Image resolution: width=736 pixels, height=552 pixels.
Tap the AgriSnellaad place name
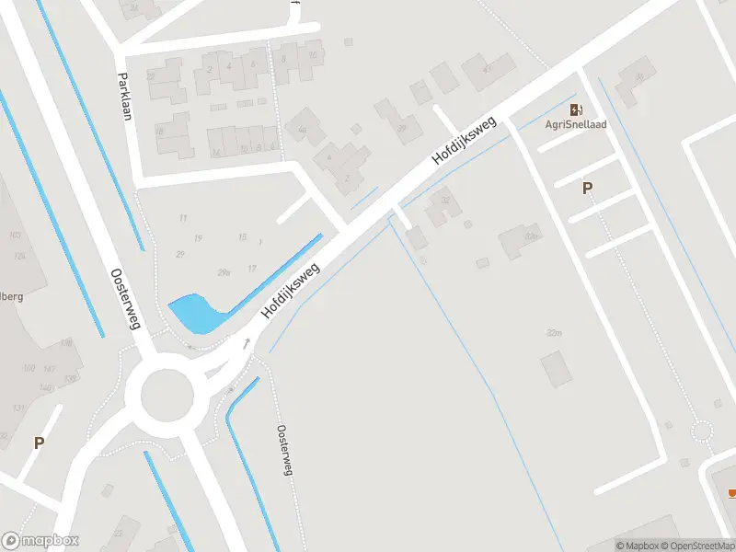[x=576, y=125]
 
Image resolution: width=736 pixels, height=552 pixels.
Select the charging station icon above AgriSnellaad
[x=576, y=109]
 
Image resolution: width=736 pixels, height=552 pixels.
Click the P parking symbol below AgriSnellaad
[x=587, y=188]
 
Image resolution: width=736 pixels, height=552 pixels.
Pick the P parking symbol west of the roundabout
[x=39, y=443]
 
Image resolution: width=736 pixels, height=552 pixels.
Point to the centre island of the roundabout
[x=167, y=395]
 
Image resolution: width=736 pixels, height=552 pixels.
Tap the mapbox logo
[x=40, y=540]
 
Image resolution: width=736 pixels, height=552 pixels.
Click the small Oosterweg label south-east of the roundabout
[x=284, y=450]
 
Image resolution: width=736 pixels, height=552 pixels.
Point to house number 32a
[x=531, y=237]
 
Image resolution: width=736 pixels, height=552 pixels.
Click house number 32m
[x=553, y=332]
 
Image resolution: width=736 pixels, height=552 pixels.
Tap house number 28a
[x=224, y=272]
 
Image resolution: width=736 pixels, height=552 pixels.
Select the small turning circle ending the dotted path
[x=702, y=431]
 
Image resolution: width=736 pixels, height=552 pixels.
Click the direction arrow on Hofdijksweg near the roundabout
[x=247, y=344]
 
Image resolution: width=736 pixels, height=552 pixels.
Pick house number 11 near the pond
[x=182, y=218]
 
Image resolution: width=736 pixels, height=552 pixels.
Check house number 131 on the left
[x=17, y=408]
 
